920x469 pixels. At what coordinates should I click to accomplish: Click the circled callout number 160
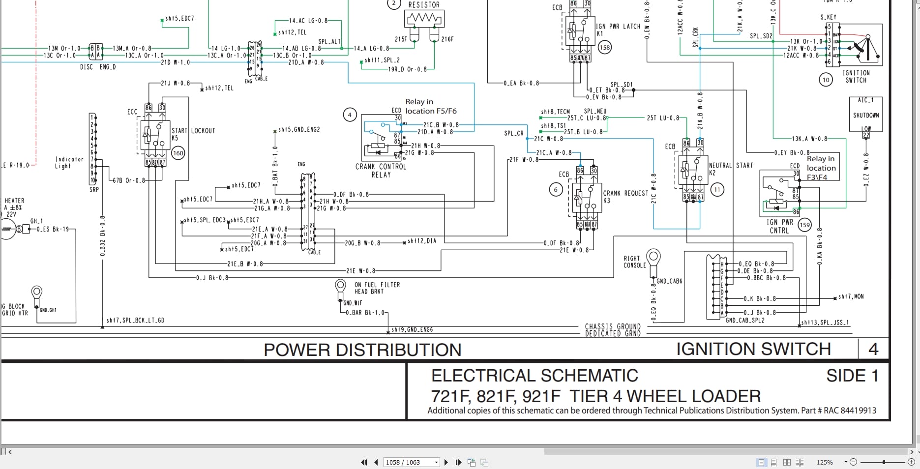point(178,153)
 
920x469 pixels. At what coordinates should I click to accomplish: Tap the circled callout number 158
point(604,48)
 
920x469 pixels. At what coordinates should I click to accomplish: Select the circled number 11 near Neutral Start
point(717,189)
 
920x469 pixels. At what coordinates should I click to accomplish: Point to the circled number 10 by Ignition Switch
point(826,80)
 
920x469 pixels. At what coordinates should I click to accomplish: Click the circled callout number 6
point(556,189)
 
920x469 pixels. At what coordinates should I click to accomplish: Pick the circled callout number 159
point(804,225)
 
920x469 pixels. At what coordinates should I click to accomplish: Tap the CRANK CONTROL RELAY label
point(381,171)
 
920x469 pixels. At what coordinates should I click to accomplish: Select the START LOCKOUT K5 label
point(193,134)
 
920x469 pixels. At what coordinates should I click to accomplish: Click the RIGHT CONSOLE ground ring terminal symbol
point(653,256)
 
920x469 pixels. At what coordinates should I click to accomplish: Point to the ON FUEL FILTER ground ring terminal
point(340,285)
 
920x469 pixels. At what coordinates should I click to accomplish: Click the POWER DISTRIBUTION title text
point(362,350)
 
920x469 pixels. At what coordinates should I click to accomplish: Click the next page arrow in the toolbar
point(446,462)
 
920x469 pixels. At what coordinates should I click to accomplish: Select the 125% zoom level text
point(825,462)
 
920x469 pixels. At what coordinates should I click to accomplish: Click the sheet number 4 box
point(873,349)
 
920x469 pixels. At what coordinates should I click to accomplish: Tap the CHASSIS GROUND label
point(613,326)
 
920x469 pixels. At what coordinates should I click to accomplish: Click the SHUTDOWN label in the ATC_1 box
point(865,116)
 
